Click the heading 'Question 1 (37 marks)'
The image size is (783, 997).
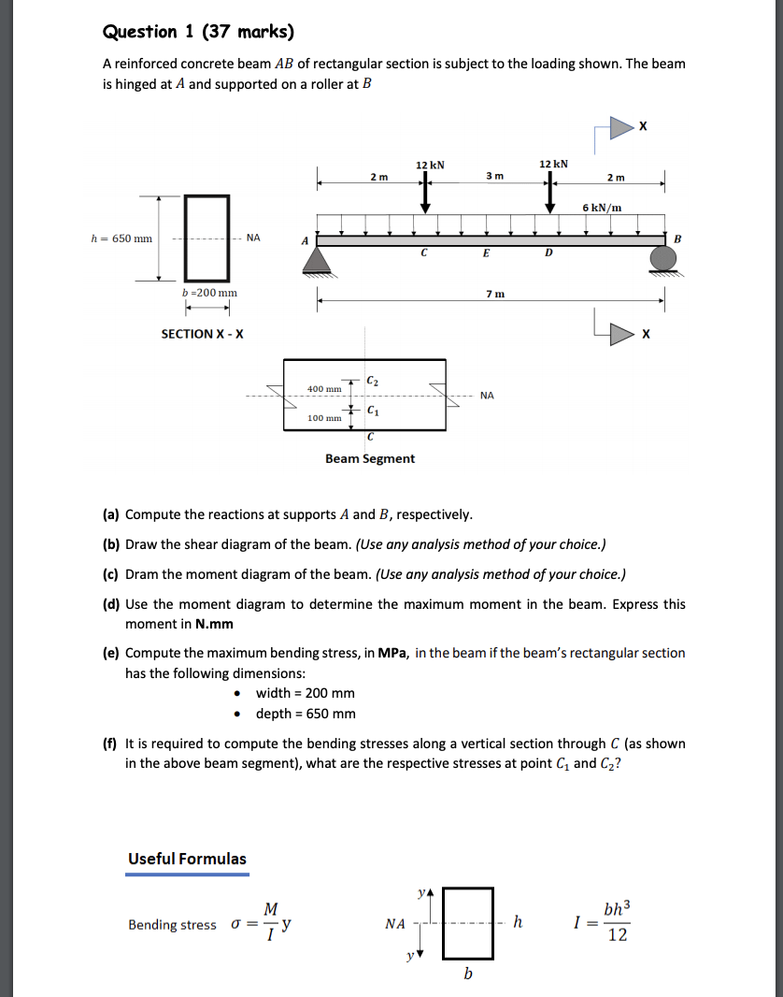point(197,33)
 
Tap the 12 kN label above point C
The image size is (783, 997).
point(430,165)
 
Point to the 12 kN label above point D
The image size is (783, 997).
point(553,165)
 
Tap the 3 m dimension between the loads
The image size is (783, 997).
point(494,176)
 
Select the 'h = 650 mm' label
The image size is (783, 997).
point(121,238)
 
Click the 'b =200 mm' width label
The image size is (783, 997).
point(209,293)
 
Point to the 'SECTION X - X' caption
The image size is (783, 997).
point(202,334)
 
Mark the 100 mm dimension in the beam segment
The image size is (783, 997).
point(324,418)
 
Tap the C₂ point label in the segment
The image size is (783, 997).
point(373,381)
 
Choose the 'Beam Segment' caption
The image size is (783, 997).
point(370,458)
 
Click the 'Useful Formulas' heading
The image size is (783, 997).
point(187,859)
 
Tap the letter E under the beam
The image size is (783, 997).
point(486,253)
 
